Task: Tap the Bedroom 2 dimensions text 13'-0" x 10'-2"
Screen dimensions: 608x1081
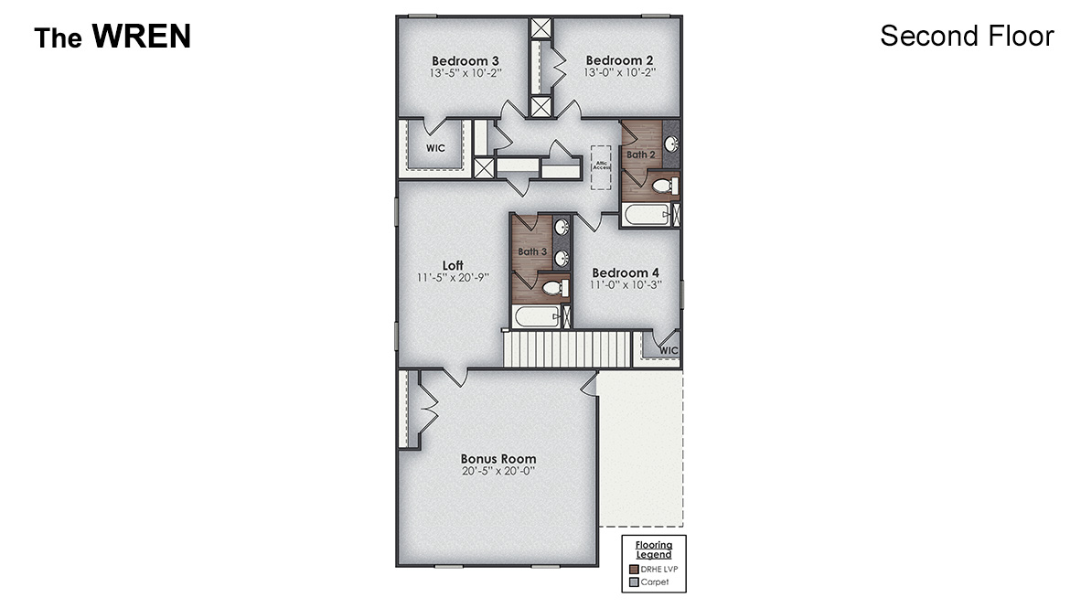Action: pyautogui.click(x=619, y=72)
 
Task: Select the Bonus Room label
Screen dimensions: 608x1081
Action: pyautogui.click(x=498, y=459)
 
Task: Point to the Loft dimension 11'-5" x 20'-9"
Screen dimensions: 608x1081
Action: pyautogui.click(x=453, y=277)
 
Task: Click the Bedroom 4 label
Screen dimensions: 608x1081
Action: pyautogui.click(x=626, y=272)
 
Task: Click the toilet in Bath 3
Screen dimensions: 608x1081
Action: pyautogui.click(x=553, y=288)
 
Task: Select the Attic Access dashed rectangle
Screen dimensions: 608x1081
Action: pyautogui.click(x=601, y=167)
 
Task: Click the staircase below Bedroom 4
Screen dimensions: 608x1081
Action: pyautogui.click(x=568, y=349)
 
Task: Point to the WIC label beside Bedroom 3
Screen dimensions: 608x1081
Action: pyautogui.click(x=435, y=148)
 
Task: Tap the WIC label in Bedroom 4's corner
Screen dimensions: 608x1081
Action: pyautogui.click(x=669, y=350)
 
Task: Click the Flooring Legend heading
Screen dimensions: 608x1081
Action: pyautogui.click(x=654, y=549)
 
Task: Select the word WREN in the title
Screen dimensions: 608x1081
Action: pyautogui.click(x=142, y=37)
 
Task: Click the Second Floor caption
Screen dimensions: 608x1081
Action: pyautogui.click(x=967, y=36)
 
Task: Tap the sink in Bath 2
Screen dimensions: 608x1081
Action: pyautogui.click(x=670, y=144)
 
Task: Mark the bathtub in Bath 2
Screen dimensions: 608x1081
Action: pyautogui.click(x=646, y=216)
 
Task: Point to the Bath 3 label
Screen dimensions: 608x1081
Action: pyautogui.click(x=532, y=251)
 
